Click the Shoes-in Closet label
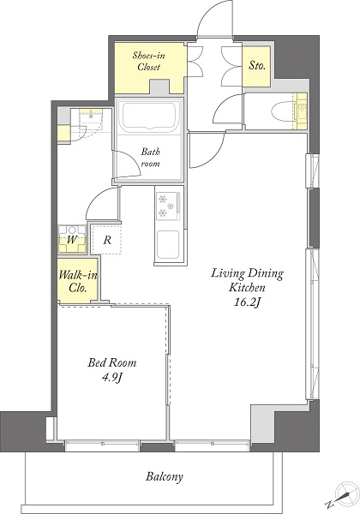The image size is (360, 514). coord(148,61)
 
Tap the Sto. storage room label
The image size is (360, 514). coord(257,66)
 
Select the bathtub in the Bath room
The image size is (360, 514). coord(149,116)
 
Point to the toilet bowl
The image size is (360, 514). coord(284,111)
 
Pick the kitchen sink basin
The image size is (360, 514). coord(168,244)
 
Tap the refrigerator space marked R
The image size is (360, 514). coord(106,239)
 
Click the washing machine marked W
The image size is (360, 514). coord(72,239)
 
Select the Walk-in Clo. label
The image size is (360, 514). coord(78,281)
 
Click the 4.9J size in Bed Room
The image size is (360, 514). coord(112,378)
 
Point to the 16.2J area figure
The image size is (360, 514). coord(247,302)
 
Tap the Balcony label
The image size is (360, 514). coord(164,476)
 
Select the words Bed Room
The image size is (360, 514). coord(111,362)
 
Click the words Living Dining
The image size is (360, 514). coord(247,273)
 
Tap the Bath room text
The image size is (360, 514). coord(151,158)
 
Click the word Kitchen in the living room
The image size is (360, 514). coord(247,288)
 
